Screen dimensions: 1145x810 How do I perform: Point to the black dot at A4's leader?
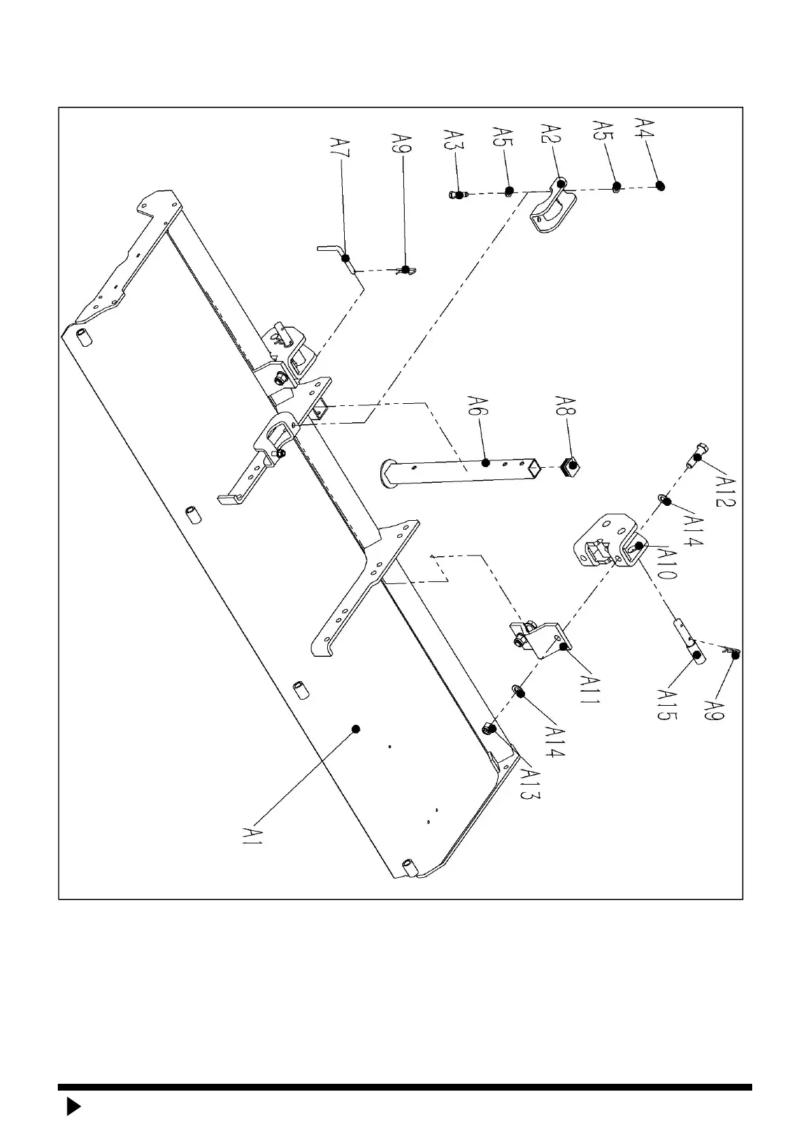click(660, 186)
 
